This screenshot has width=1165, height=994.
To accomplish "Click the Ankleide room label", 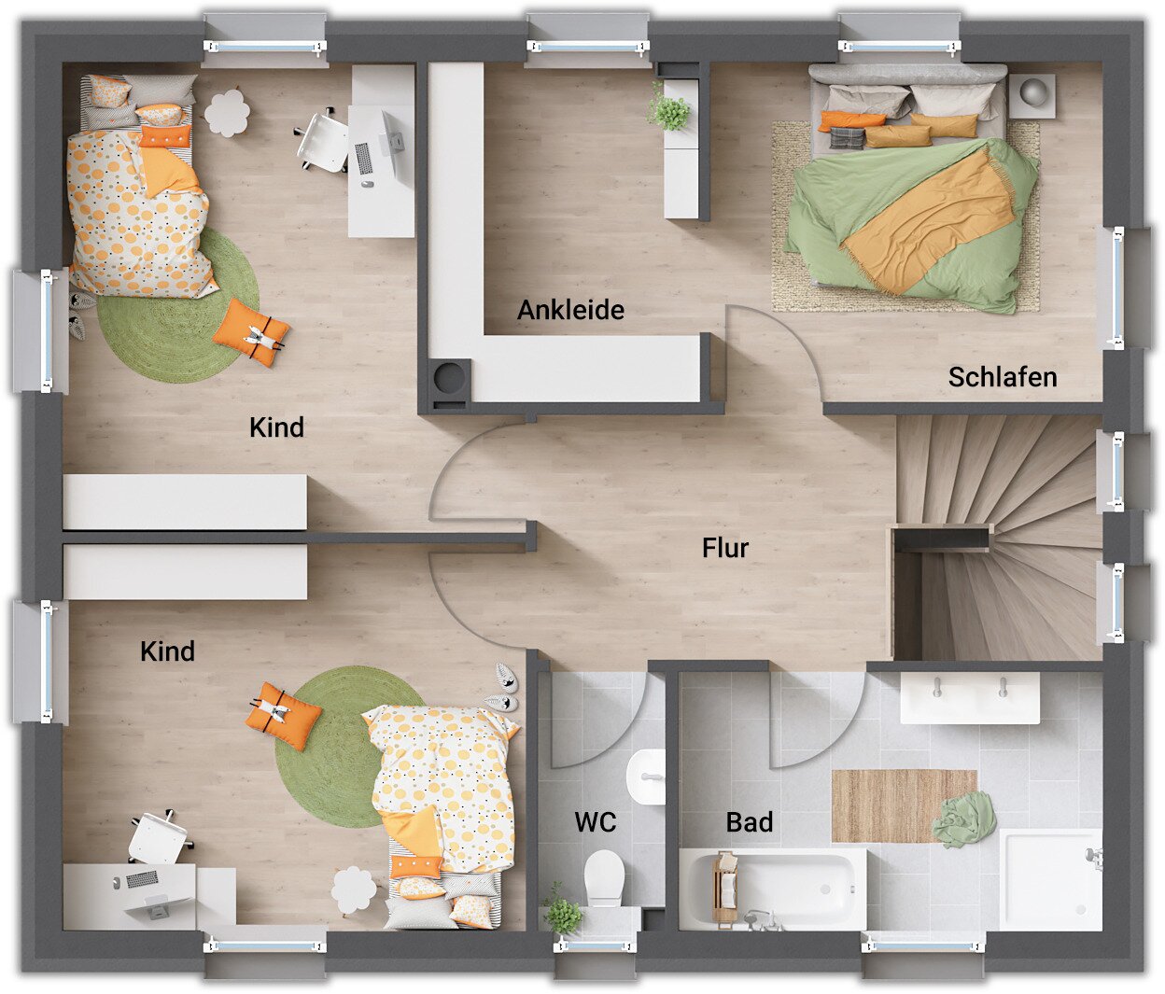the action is (x=570, y=310).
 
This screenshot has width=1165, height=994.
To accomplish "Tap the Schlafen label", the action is (x=1003, y=377).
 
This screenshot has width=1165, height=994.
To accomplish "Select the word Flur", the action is (x=725, y=548).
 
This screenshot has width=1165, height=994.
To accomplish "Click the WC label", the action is (x=596, y=822).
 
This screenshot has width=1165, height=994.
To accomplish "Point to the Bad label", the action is (x=749, y=822).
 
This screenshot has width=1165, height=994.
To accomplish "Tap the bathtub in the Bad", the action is (x=772, y=889).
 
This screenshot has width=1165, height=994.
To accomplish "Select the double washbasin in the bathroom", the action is (x=969, y=697).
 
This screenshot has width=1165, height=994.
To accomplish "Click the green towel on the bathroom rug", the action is (x=963, y=819).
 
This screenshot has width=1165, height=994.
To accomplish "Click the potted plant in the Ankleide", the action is (x=667, y=107).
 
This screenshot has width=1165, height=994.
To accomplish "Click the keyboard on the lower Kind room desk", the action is (x=142, y=878).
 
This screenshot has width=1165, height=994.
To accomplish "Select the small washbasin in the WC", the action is (x=646, y=777).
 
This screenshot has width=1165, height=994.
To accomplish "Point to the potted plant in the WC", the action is (x=563, y=915).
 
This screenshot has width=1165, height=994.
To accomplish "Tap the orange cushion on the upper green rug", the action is (x=251, y=332).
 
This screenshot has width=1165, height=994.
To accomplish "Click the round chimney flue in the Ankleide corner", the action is (x=450, y=374).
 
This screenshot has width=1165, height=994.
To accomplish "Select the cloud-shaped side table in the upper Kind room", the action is (x=227, y=113).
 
